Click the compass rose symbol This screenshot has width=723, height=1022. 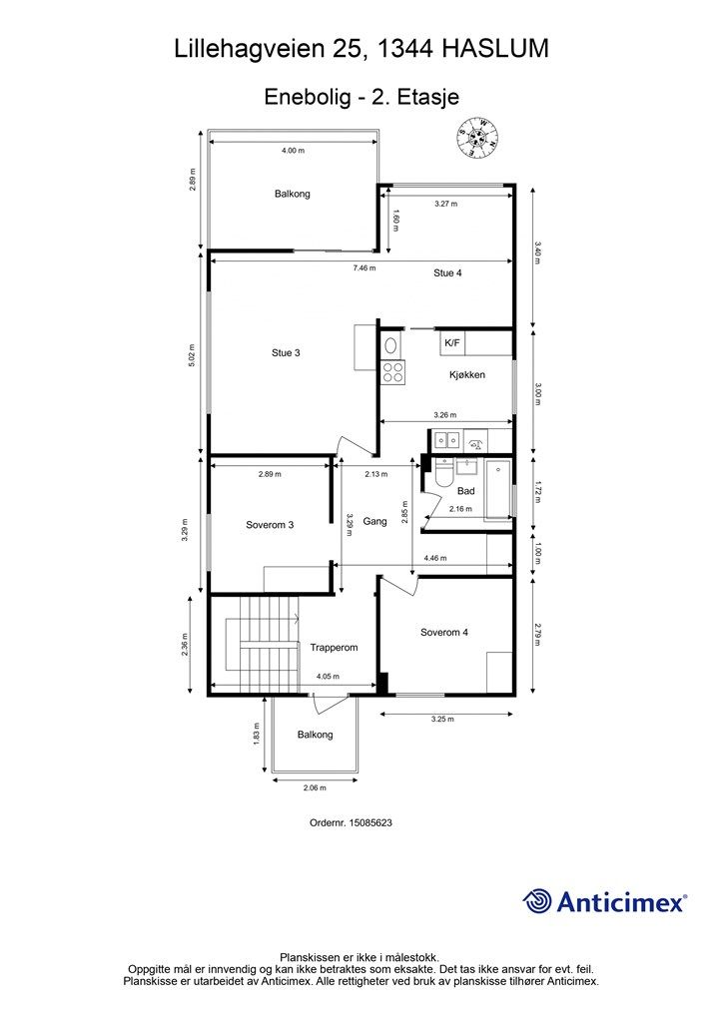pyautogui.click(x=478, y=137)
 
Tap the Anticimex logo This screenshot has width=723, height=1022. pyautogui.click(x=604, y=902)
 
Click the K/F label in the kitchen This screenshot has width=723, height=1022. pyautogui.click(x=451, y=343)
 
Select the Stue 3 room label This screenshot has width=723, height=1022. pyautogui.click(x=286, y=352)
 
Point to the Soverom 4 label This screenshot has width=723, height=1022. pyautogui.click(x=444, y=632)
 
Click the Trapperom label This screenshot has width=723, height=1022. pyautogui.click(x=334, y=647)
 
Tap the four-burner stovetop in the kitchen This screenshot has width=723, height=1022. pyautogui.click(x=393, y=372)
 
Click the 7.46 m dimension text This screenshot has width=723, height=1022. pyautogui.click(x=364, y=267)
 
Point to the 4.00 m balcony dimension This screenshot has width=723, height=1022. pyautogui.click(x=293, y=150)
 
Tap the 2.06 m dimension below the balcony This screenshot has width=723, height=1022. pyautogui.click(x=315, y=787)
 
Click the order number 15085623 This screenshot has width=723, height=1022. pyautogui.click(x=370, y=822)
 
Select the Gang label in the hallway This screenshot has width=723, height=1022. pyautogui.click(x=374, y=521)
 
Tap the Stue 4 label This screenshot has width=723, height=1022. pyautogui.click(x=447, y=273)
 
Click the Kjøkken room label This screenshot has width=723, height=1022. pyautogui.click(x=466, y=375)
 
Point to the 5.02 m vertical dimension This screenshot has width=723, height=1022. pyautogui.click(x=192, y=355)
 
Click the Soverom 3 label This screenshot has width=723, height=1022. pyautogui.click(x=270, y=525)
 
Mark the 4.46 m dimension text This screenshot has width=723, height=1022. pyautogui.click(x=434, y=558)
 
